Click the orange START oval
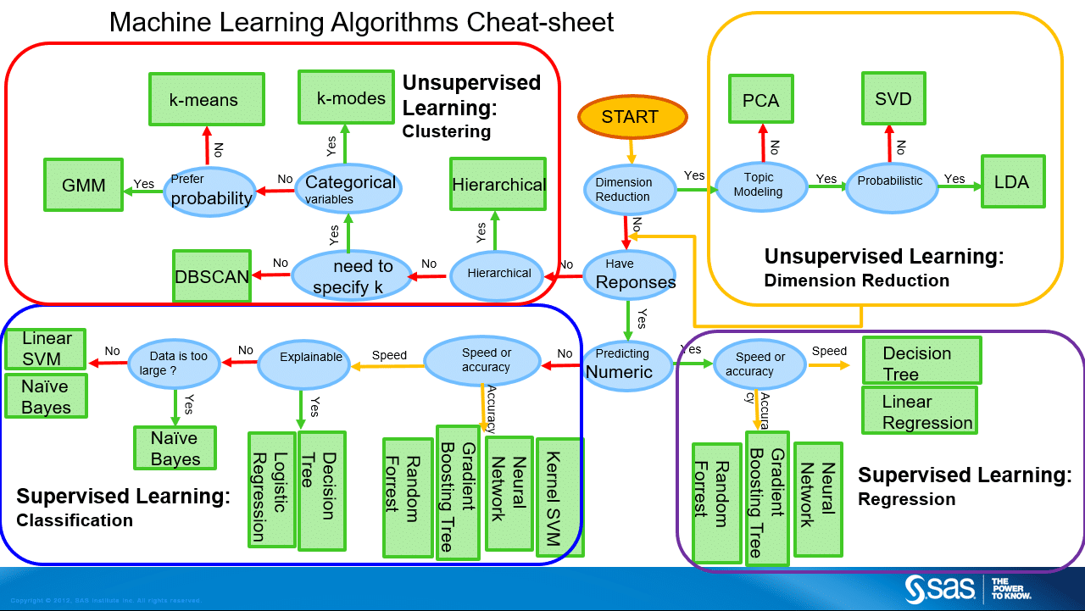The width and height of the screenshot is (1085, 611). pos(632,118)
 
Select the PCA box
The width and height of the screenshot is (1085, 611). pos(760,101)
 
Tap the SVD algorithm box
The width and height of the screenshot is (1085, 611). pos(893,99)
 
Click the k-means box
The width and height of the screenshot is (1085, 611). pos(203,100)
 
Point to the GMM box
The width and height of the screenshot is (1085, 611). pos(83,185)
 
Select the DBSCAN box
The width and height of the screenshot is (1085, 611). pos(212,275)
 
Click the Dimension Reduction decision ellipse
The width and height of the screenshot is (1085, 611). pos(624,189)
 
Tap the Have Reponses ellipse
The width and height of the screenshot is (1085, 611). pos(630,274)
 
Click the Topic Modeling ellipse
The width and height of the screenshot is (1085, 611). pos(759,185)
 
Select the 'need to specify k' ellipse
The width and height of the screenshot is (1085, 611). pos(352,276)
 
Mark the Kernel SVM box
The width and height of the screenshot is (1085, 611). pos(561,497)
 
